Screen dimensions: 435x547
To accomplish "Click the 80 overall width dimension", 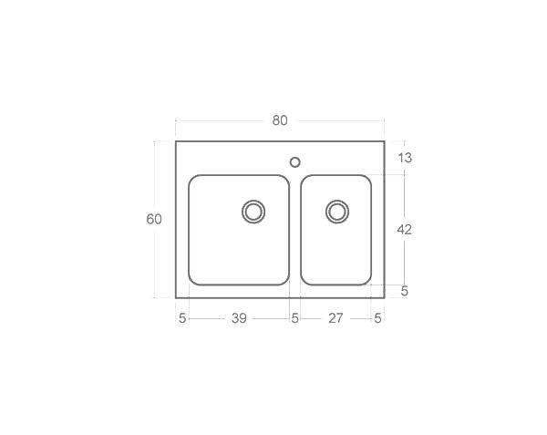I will point(279,120).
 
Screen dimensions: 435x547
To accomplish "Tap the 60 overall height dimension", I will point(154,219).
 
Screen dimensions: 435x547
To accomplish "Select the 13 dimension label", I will point(405,158).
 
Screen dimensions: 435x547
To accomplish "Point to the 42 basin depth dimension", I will point(405,230).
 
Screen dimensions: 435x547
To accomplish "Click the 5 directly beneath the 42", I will point(405,292).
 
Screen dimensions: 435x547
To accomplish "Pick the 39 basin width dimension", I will point(239,318).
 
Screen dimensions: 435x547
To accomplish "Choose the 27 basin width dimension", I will point(335,318).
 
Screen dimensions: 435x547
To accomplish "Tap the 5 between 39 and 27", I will point(294,318).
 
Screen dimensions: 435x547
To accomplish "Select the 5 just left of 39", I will point(182,318).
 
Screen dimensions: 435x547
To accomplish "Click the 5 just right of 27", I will point(377,318).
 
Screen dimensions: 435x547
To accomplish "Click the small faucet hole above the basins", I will point(294,162).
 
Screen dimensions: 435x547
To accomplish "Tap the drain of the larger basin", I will point(253,212).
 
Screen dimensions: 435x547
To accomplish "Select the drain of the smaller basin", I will point(336,212).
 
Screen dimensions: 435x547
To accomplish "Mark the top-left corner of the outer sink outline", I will point(176,141).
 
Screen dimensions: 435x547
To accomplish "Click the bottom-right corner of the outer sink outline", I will point(384,297).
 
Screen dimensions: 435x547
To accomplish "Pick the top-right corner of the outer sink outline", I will point(384,141).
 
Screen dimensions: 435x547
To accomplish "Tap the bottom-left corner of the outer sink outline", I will point(176,297).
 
